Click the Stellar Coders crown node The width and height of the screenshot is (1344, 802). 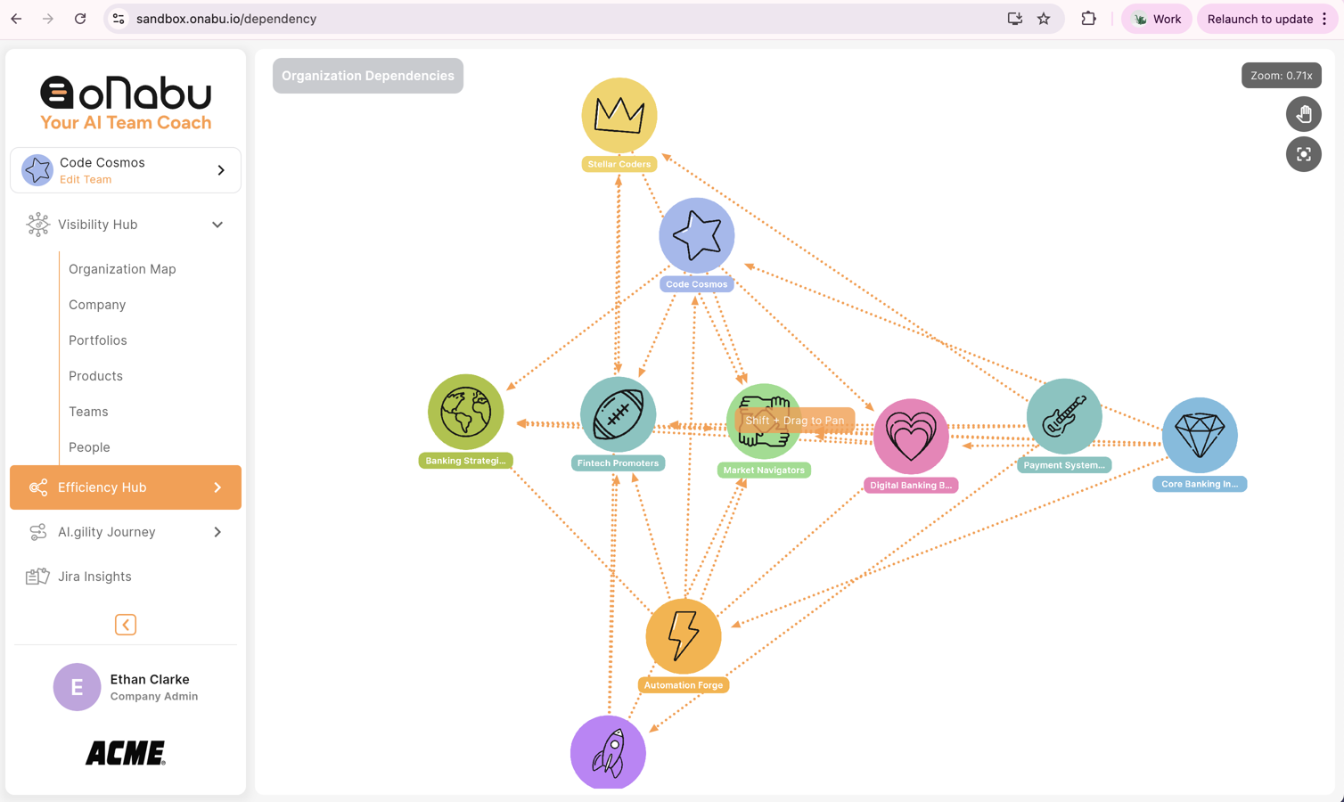[619, 115]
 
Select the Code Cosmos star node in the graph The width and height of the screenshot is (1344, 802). [697, 235]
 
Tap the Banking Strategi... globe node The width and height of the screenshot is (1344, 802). [465, 412]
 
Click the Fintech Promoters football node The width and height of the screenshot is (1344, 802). [618, 414]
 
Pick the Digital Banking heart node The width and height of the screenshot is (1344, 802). [911, 437]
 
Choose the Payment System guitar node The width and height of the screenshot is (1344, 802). [1064, 416]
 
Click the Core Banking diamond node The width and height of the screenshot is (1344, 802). [1200, 435]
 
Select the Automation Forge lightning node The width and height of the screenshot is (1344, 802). [684, 635]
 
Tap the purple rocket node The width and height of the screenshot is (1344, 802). [608, 752]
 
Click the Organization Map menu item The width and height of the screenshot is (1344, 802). [122, 269]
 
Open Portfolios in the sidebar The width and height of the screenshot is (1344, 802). [98, 340]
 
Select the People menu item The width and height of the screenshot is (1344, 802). [89, 447]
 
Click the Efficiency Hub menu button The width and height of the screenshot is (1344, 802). [126, 487]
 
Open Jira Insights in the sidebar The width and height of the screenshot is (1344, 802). [94, 577]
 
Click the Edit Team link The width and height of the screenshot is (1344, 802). [86, 179]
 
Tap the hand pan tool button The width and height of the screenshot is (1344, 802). [1303, 114]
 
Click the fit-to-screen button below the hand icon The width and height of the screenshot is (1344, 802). [1303, 154]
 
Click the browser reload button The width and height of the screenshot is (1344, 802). [80, 19]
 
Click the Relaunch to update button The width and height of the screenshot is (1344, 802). [1260, 19]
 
